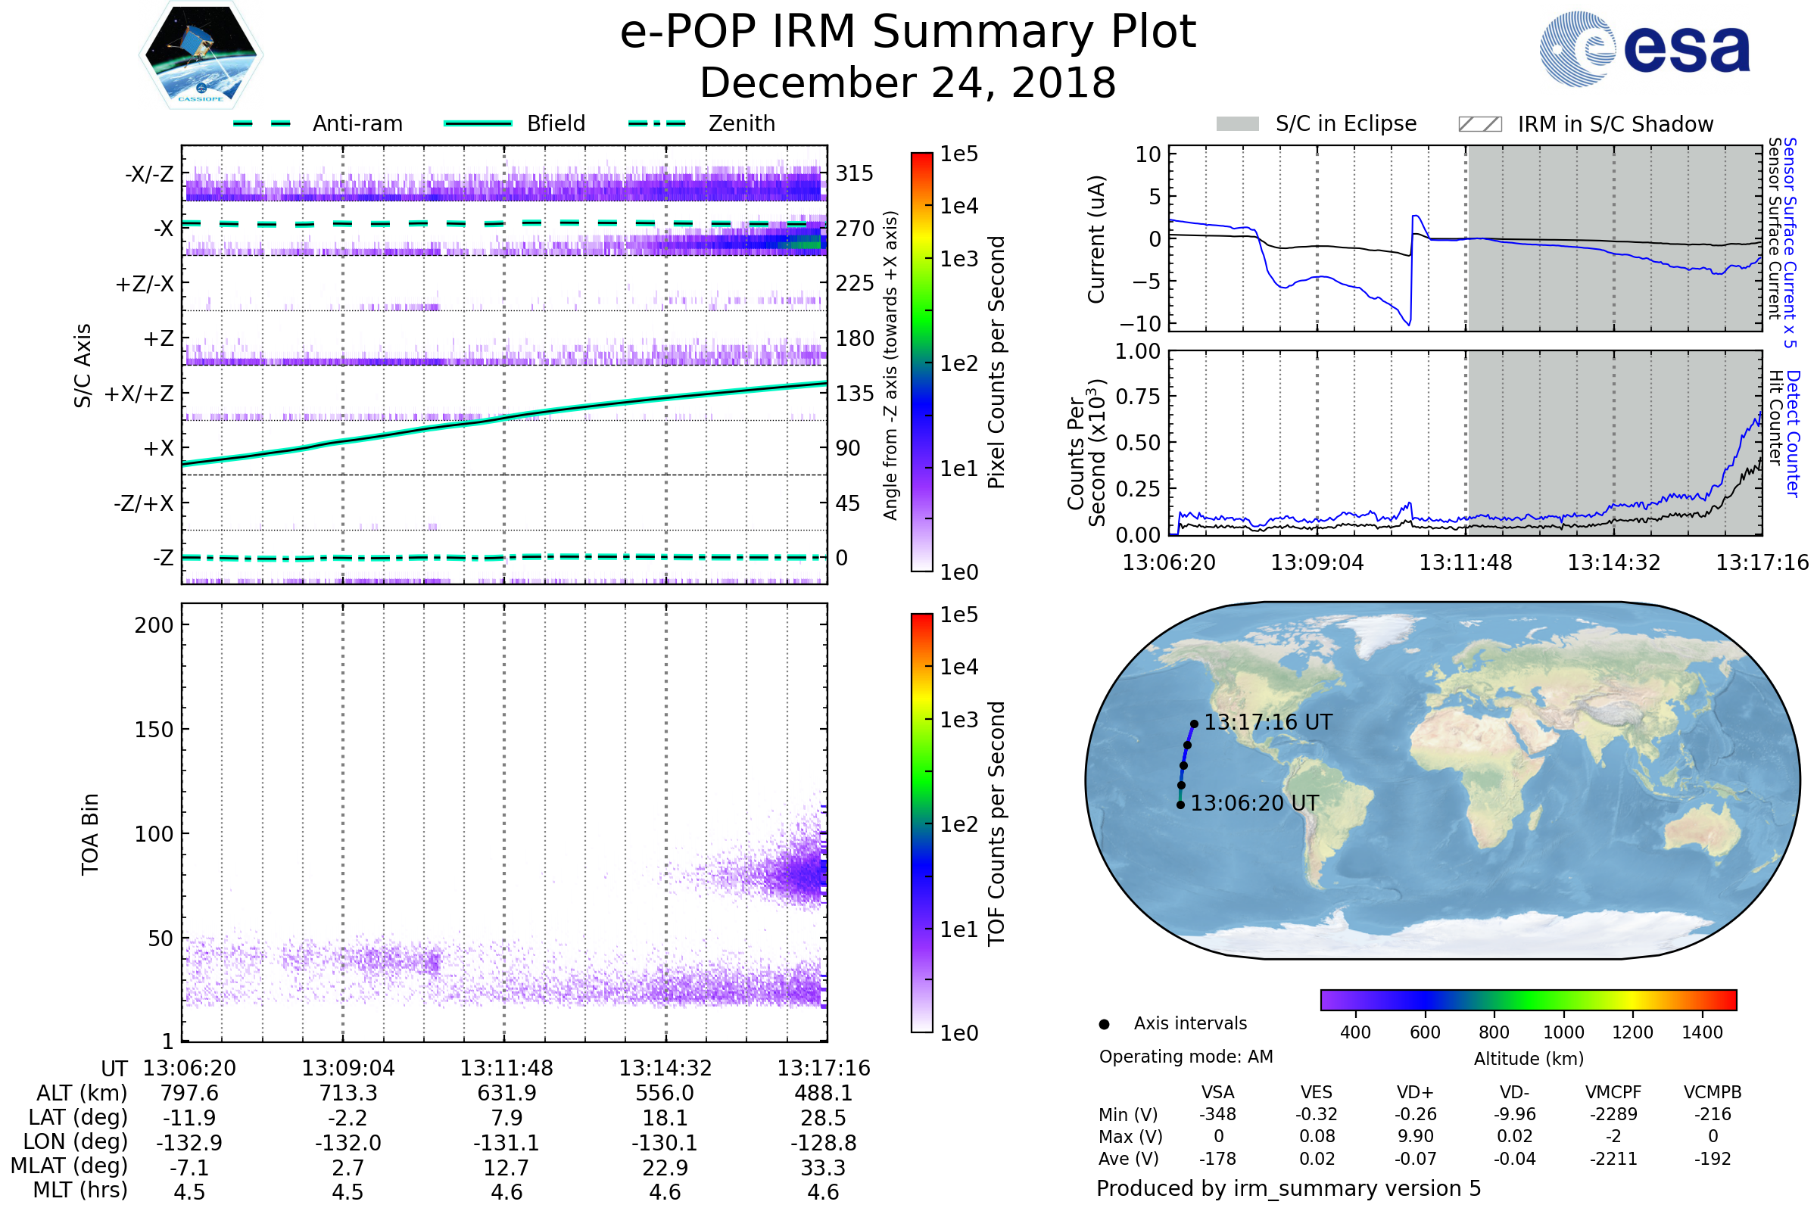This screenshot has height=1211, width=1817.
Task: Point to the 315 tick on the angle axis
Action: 855,173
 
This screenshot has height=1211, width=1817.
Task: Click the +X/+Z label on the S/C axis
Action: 139,394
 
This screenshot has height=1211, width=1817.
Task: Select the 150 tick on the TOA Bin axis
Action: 154,730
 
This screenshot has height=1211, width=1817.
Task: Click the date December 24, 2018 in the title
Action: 908,82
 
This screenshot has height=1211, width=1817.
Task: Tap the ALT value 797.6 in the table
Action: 189,1094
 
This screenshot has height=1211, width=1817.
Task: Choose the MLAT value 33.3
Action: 824,1168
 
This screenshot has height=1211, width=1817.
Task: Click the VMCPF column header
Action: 1613,1093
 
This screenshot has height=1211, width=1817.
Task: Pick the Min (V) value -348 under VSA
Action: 1217,1114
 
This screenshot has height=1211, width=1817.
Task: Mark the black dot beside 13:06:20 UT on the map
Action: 1180,805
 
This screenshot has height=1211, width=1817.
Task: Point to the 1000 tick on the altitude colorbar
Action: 1563,1032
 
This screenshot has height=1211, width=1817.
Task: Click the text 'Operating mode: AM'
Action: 1186,1057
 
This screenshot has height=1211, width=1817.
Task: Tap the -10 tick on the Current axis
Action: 1142,324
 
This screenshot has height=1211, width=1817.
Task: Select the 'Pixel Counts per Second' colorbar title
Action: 996,363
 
